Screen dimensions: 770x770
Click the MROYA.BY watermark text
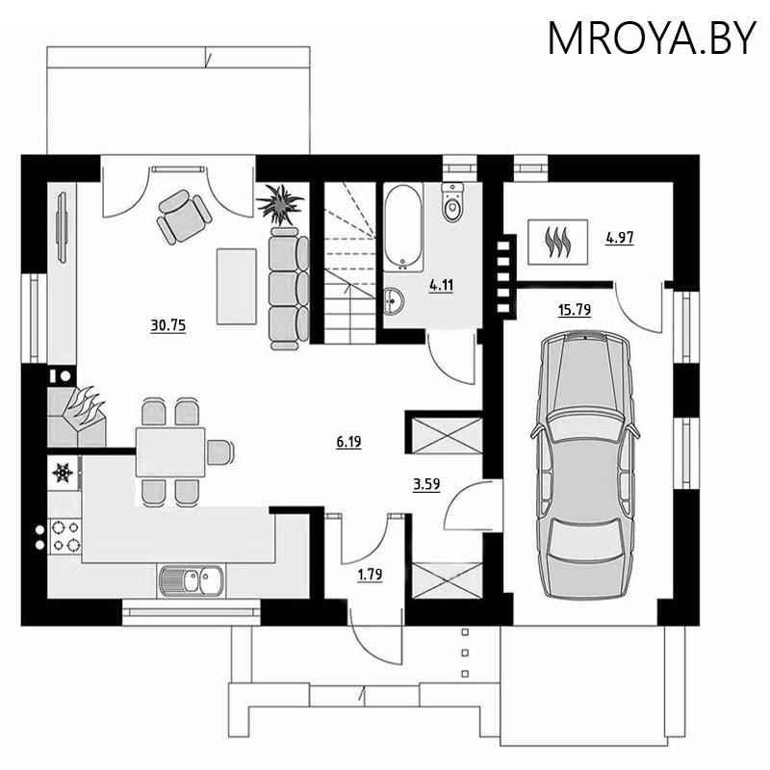pyautogui.click(x=652, y=38)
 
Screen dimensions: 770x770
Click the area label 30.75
pyautogui.click(x=167, y=325)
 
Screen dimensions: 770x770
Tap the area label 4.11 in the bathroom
pyautogui.click(x=441, y=285)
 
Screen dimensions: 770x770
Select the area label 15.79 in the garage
pyautogui.click(x=574, y=310)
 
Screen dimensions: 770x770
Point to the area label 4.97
pyautogui.click(x=620, y=238)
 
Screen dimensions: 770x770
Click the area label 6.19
pyautogui.click(x=348, y=442)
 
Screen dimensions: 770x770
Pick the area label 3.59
pyautogui.click(x=426, y=485)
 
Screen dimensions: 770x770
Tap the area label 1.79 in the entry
pyautogui.click(x=370, y=574)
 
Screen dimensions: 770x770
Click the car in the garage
pyautogui.click(x=585, y=464)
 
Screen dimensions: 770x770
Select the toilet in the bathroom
pyautogui.click(x=452, y=202)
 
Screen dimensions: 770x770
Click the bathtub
pyautogui.click(x=402, y=227)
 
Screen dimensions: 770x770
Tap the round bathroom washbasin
pyautogui.click(x=394, y=300)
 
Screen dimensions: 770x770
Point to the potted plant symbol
pyautogui.click(x=280, y=204)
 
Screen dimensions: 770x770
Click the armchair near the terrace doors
pyautogui.click(x=184, y=217)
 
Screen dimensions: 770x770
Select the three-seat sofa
pyautogui.click(x=289, y=288)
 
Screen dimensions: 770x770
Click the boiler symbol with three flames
pyautogui.click(x=558, y=242)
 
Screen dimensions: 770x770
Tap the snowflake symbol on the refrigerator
pyautogui.click(x=63, y=473)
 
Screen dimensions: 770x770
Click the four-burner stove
pyautogui.click(x=65, y=536)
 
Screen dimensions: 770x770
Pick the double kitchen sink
pyautogui.click(x=191, y=580)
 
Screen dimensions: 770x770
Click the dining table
pyautogui.click(x=170, y=451)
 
